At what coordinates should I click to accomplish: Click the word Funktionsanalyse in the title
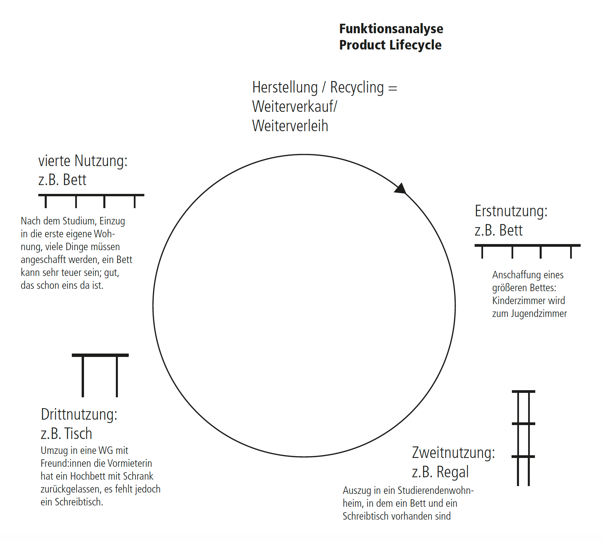(391, 29)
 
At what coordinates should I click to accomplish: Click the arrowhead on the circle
(401, 189)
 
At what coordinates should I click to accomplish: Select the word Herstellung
(285, 87)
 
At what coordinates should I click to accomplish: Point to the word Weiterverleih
(290, 126)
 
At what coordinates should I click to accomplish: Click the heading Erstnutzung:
(511, 211)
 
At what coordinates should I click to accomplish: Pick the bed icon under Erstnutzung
(527, 251)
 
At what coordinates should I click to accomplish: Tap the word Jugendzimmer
(539, 314)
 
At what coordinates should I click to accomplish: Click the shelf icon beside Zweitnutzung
(523, 437)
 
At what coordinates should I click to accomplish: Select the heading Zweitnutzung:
(453, 453)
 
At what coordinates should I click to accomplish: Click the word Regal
(453, 472)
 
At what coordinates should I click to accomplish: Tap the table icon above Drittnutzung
(100, 374)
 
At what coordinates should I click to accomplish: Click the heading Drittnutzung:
(79, 415)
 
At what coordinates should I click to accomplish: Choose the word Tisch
(78, 434)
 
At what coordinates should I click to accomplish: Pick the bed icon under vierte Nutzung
(91, 200)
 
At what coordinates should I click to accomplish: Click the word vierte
(54, 161)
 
